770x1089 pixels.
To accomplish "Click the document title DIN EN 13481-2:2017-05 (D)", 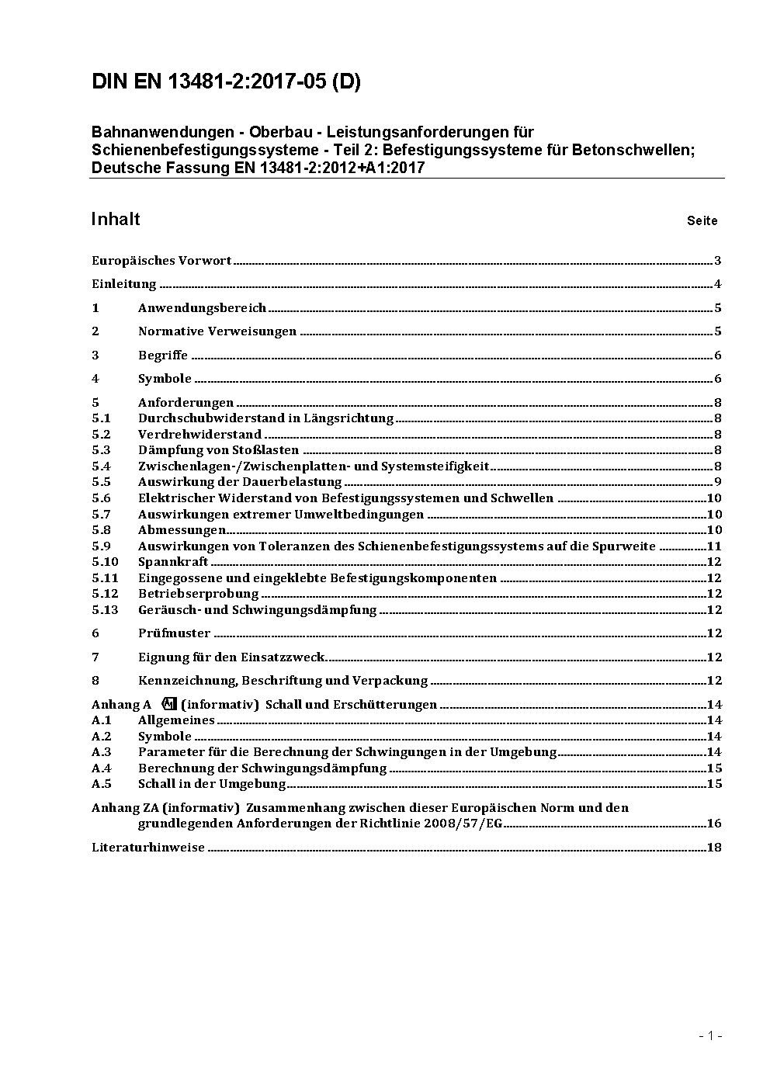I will click(226, 82).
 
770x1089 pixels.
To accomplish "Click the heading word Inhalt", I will click(116, 219).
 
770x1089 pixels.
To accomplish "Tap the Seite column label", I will click(702, 221).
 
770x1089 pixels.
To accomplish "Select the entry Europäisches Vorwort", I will click(161, 261).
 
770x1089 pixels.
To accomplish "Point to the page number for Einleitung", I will click(718, 284).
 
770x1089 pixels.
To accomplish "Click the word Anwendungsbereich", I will click(202, 308).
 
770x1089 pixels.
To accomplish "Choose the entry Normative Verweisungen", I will click(217, 331).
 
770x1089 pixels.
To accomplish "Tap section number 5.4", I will click(101, 466).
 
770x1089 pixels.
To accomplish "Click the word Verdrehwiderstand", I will click(199, 435).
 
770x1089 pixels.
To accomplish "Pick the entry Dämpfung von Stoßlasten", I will click(218, 450).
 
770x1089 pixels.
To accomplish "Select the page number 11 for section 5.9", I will click(714, 546).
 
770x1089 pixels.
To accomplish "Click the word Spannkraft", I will click(173, 562).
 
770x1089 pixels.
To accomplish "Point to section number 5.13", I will click(105, 610).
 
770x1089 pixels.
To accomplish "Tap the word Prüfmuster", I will click(174, 633).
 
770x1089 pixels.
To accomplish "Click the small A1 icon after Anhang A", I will click(170, 704).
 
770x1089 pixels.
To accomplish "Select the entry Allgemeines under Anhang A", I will click(176, 720).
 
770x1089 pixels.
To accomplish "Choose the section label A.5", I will click(102, 784).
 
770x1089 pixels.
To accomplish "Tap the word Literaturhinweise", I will click(148, 848).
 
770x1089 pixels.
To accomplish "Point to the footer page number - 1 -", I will click(710, 1035).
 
